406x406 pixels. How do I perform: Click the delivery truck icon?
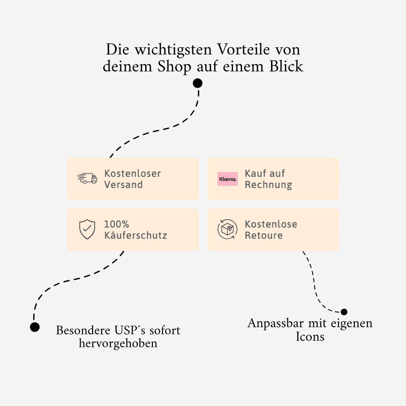(87, 178)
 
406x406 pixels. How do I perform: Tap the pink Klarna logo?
(227, 179)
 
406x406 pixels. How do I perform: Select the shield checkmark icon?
(87, 229)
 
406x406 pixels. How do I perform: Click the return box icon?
(227, 229)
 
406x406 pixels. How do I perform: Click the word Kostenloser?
(132, 174)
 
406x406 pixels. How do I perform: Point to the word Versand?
(123, 185)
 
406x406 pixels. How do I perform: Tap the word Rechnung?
(268, 185)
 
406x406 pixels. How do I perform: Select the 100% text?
(116, 224)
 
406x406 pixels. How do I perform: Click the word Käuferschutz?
(135, 235)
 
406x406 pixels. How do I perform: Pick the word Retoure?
(264, 235)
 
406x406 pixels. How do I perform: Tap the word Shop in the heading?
(175, 67)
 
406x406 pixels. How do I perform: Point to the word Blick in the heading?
(286, 67)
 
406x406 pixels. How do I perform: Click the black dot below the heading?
(198, 83)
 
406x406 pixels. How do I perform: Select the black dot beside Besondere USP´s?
(35, 327)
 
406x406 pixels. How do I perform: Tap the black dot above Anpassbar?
(344, 312)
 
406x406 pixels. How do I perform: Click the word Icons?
(310, 337)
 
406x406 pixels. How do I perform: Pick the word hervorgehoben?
(118, 344)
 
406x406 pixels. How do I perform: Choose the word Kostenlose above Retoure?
(271, 224)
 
